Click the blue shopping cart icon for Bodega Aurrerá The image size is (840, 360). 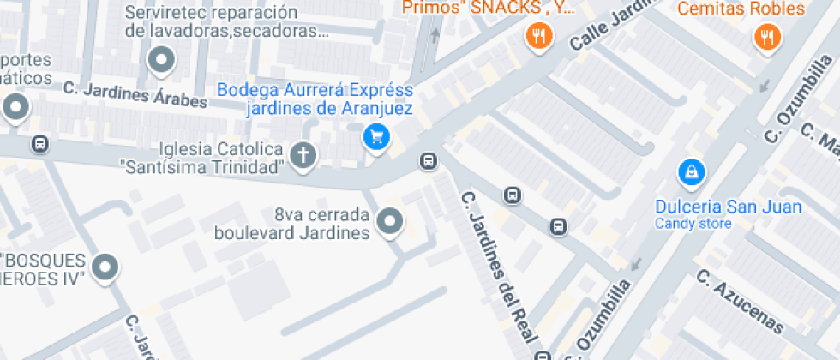click(x=375, y=136)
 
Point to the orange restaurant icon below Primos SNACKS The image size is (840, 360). click(x=538, y=35)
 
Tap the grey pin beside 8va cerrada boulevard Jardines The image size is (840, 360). click(x=390, y=221)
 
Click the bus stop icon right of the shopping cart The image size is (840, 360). click(x=429, y=160)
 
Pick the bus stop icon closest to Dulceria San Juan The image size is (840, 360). click(x=559, y=227)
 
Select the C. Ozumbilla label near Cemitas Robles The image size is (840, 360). click(x=799, y=100)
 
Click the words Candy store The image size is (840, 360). click(x=693, y=225)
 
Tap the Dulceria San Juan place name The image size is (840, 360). click(x=728, y=207)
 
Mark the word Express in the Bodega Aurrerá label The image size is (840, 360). click(x=377, y=90)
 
